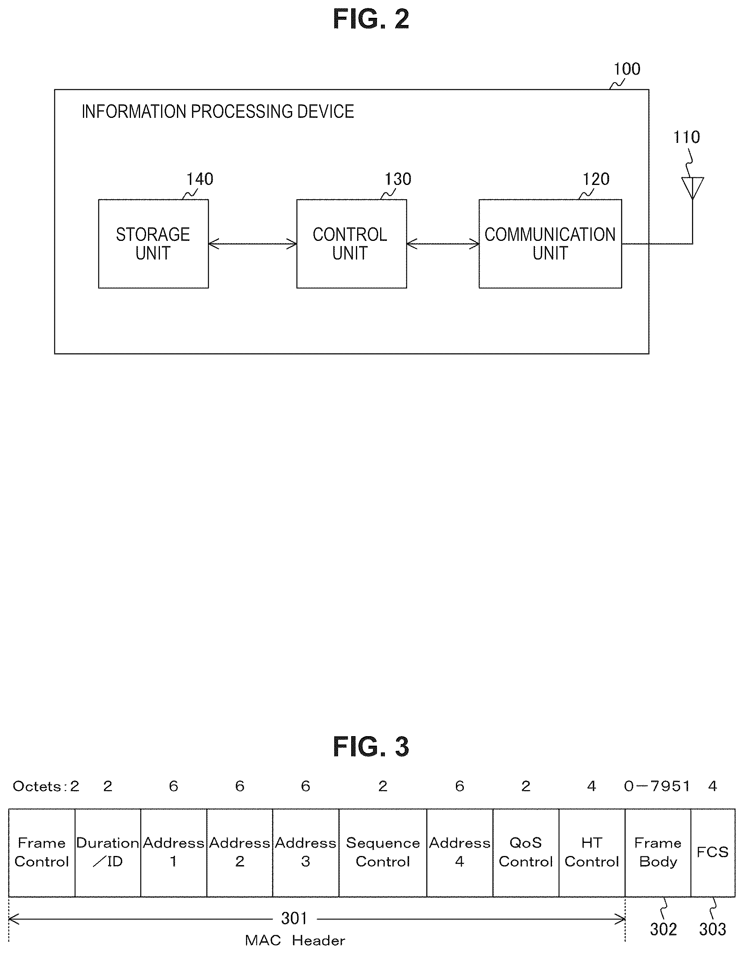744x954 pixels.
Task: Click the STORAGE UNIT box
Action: [x=153, y=244]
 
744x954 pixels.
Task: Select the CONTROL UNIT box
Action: [x=352, y=244]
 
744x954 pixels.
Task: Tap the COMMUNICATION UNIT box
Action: [x=550, y=244]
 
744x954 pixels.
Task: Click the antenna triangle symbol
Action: [x=692, y=187]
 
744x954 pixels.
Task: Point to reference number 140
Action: [x=200, y=179]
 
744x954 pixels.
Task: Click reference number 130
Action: [x=398, y=179]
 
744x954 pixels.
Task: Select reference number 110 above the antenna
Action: [x=686, y=137]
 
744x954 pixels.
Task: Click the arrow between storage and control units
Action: [x=252, y=244]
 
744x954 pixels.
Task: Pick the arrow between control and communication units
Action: [x=443, y=244]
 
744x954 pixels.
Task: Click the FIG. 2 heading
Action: [x=371, y=19]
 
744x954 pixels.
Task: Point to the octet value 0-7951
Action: [x=657, y=786]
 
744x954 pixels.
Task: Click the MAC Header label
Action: [x=295, y=940]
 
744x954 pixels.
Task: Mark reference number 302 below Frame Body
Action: [x=663, y=929]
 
